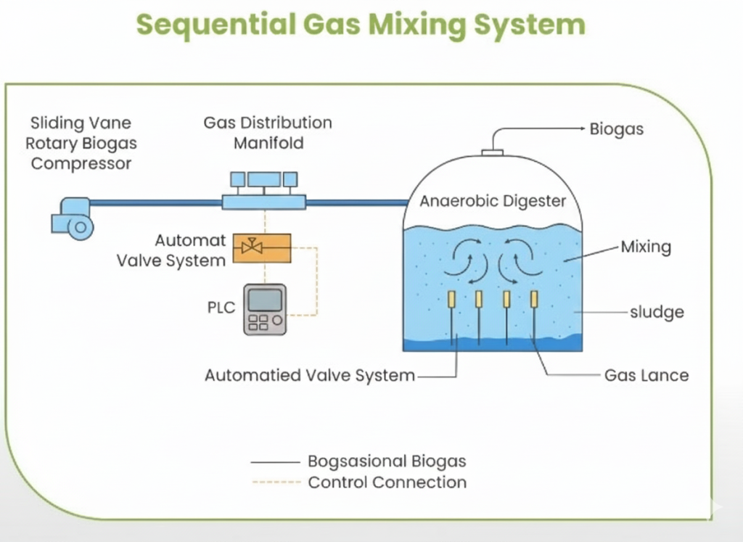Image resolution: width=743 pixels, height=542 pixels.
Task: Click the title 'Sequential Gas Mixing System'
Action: click(x=361, y=25)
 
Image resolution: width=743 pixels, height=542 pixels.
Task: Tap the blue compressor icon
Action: click(x=73, y=218)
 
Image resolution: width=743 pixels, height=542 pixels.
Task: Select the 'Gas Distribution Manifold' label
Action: click(x=268, y=133)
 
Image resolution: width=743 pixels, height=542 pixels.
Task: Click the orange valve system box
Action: click(x=261, y=249)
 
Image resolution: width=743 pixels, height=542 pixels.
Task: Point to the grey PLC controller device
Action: click(x=265, y=309)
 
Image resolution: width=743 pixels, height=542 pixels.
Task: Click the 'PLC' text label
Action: click(x=221, y=308)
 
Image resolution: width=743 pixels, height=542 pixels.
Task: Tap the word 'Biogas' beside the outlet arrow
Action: click(x=616, y=130)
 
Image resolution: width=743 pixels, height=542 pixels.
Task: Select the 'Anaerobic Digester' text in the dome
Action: click(x=493, y=201)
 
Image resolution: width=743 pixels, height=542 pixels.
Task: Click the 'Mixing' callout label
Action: click(x=645, y=247)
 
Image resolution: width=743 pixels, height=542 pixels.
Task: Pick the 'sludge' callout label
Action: click(x=656, y=313)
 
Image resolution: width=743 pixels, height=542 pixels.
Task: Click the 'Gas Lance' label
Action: click(x=646, y=376)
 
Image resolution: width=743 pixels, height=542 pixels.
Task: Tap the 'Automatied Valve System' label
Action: click(x=310, y=376)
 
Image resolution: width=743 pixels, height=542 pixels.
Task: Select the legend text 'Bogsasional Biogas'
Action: click(x=387, y=461)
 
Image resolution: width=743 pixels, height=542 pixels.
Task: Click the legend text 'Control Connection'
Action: click(x=387, y=483)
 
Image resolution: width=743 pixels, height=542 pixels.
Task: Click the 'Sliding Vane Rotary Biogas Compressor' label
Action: click(x=81, y=143)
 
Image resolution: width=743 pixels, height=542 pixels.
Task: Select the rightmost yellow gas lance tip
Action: click(x=534, y=298)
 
